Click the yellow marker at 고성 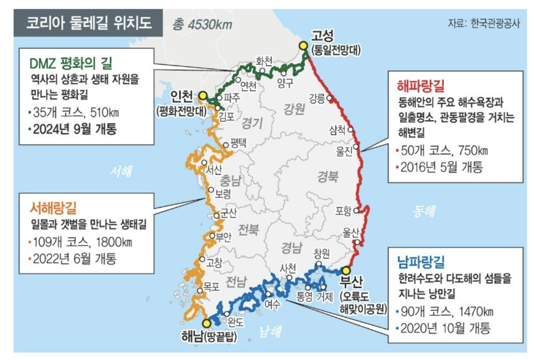click(x=304, y=45)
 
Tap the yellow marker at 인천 click(x=203, y=95)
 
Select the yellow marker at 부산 click(x=346, y=270)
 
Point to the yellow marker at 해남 click(x=205, y=323)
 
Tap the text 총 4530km click(x=203, y=24)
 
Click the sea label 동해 click(x=423, y=211)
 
